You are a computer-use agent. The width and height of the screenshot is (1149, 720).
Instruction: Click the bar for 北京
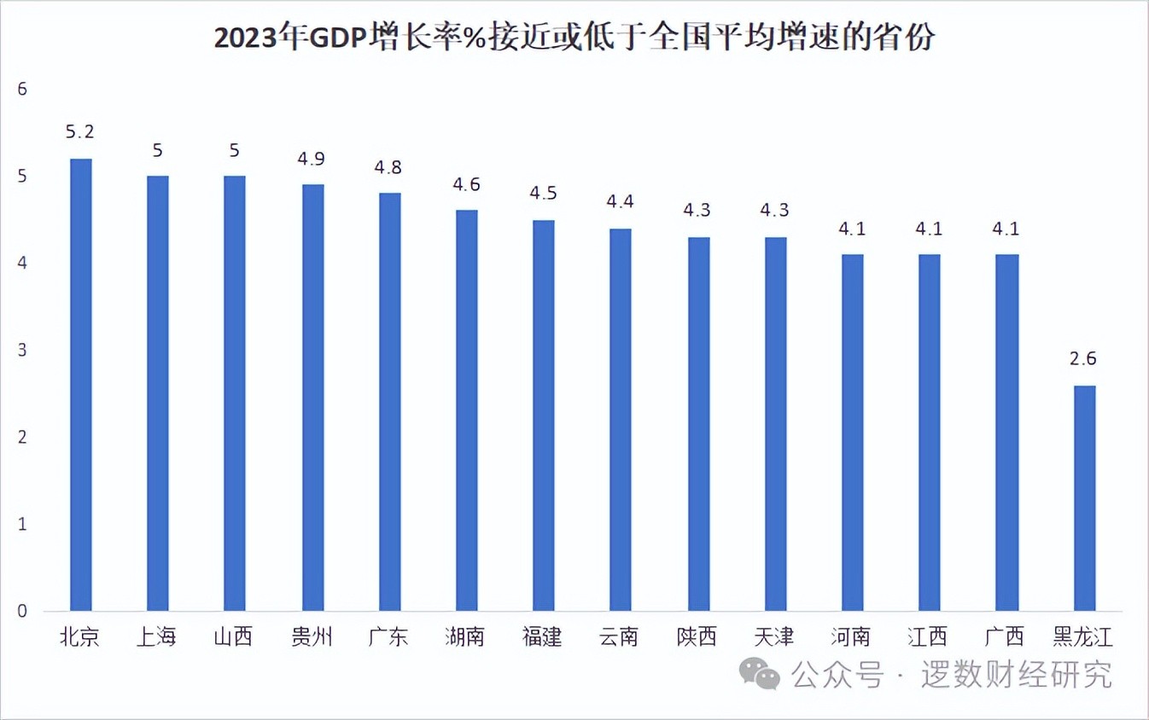click(80, 384)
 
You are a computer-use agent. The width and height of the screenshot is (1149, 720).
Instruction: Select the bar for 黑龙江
click(1084, 498)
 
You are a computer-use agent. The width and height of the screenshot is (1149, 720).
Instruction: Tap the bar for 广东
click(389, 401)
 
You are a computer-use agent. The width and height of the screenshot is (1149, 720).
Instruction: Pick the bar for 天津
click(775, 423)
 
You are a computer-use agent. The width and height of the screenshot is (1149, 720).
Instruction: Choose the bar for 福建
click(544, 415)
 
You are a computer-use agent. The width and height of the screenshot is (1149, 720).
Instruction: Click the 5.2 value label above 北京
click(80, 132)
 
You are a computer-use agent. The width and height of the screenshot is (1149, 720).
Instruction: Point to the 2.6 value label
click(1083, 359)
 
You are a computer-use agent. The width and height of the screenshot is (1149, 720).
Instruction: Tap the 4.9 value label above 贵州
click(312, 159)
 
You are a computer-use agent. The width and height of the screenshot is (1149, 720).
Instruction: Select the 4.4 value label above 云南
click(621, 202)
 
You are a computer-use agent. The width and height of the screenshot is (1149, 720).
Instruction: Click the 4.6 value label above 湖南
click(466, 184)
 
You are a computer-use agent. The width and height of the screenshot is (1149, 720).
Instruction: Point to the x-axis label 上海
click(157, 637)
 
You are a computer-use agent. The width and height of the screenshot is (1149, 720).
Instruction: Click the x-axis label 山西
click(234, 637)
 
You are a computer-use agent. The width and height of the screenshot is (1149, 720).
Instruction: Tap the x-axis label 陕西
click(697, 637)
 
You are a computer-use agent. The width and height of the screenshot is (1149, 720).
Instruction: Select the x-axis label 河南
click(852, 637)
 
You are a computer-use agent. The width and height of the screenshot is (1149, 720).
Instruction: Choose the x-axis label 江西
click(929, 637)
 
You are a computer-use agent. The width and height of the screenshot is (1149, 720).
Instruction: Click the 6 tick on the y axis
click(23, 89)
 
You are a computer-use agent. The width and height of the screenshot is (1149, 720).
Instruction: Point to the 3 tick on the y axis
click(23, 351)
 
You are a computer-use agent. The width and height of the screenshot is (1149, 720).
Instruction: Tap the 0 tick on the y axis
click(23, 612)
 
